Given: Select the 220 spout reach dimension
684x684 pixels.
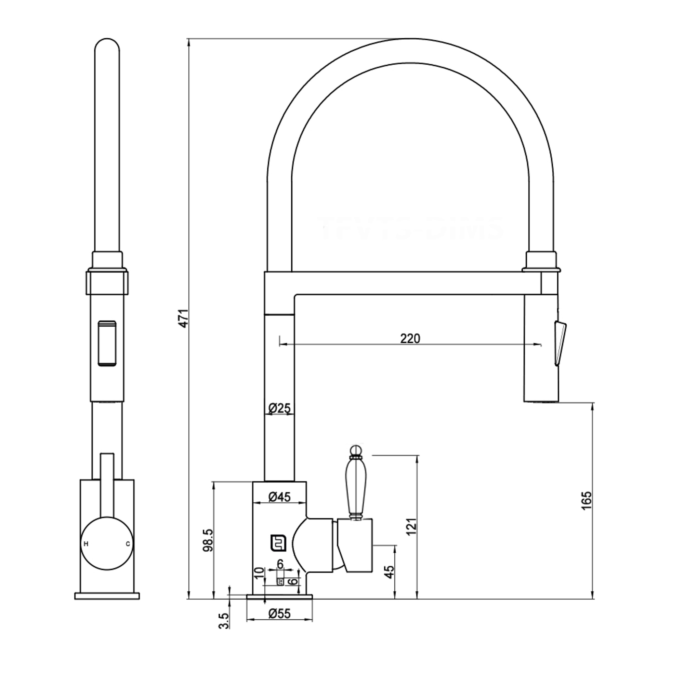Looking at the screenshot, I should (x=410, y=339).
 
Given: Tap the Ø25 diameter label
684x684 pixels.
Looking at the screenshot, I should (x=279, y=409).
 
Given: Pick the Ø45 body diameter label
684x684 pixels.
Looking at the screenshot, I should (x=279, y=497).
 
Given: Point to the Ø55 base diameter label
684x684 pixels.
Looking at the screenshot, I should (x=279, y=613).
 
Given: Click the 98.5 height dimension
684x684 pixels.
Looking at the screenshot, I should (x=208, y=540).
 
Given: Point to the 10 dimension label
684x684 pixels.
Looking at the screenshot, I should (x=260, y=572).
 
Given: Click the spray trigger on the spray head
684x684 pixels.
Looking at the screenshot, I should (x=560, y=342).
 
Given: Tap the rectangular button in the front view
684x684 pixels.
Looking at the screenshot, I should (x=107, y=343).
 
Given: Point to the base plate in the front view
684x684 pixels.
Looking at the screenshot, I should (x=107, y=596).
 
